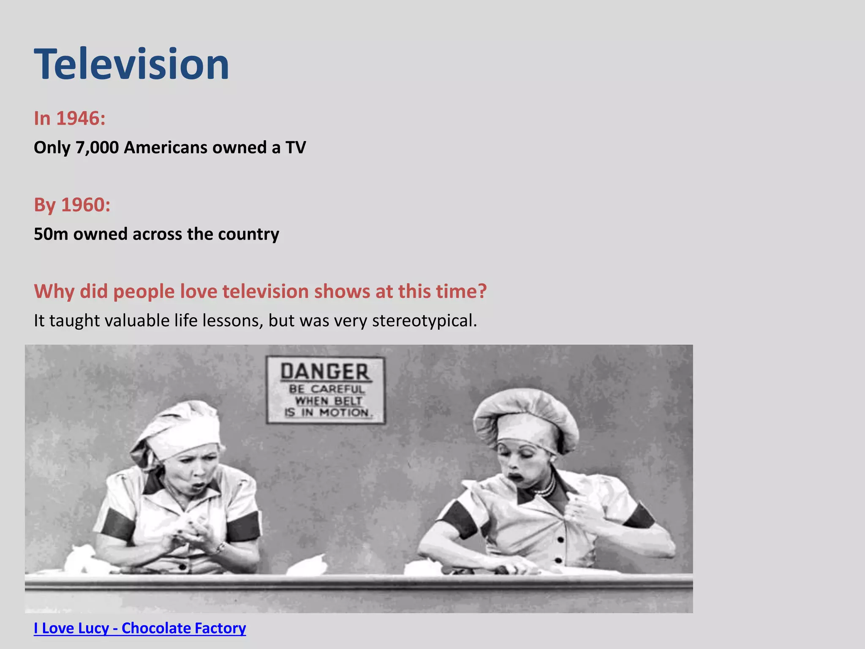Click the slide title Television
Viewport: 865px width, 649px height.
coord(131,64)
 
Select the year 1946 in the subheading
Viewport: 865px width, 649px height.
coord(81,118)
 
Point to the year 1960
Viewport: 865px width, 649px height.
coord(86,205)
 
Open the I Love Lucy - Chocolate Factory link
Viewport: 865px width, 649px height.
coord(140,628)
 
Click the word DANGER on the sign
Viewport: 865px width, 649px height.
coord(325,372)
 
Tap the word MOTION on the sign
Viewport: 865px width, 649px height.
coord(344,412)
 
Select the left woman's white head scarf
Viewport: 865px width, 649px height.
coord(177,431)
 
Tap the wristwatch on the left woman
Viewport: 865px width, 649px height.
coord(220,548)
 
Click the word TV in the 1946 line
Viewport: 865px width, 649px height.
coord(295,147)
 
